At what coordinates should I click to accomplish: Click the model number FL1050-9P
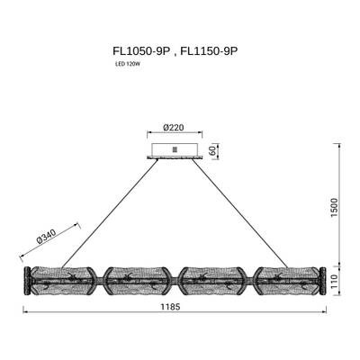point(141,51)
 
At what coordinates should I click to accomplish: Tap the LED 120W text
point(128,64)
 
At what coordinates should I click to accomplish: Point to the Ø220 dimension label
point(174,128)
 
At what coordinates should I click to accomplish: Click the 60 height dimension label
point(212,151)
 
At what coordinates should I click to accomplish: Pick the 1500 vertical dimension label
point(334,208)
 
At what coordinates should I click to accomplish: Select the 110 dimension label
point(334,282)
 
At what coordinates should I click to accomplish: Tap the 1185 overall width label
point(170,307)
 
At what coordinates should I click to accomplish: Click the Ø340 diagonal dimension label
point(47,237)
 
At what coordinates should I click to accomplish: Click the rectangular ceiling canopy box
point(175,149)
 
